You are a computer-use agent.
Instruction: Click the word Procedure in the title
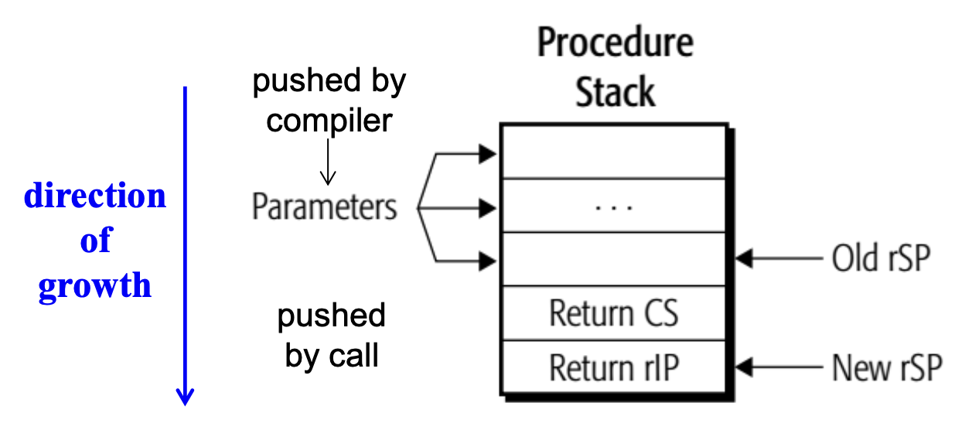(615, 45)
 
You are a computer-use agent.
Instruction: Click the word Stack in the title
(615, 93)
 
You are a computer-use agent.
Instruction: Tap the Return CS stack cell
(613, 314)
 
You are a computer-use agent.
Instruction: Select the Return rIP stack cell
(613, 367)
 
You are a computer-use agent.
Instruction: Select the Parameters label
(325, 207)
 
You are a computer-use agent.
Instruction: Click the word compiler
(329, 121)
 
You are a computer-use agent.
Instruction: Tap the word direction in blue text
(95, 196)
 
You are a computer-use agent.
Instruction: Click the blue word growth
(95, 286)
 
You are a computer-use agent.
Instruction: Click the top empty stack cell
(613, 153)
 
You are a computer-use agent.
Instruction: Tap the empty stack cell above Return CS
(613, 260)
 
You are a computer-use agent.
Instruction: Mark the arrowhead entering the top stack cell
(487, 154)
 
